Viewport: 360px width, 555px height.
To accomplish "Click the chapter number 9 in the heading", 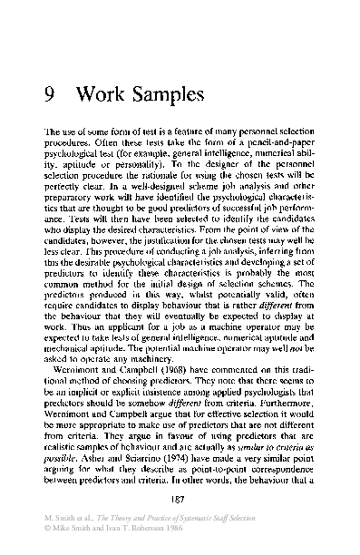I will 51,94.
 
